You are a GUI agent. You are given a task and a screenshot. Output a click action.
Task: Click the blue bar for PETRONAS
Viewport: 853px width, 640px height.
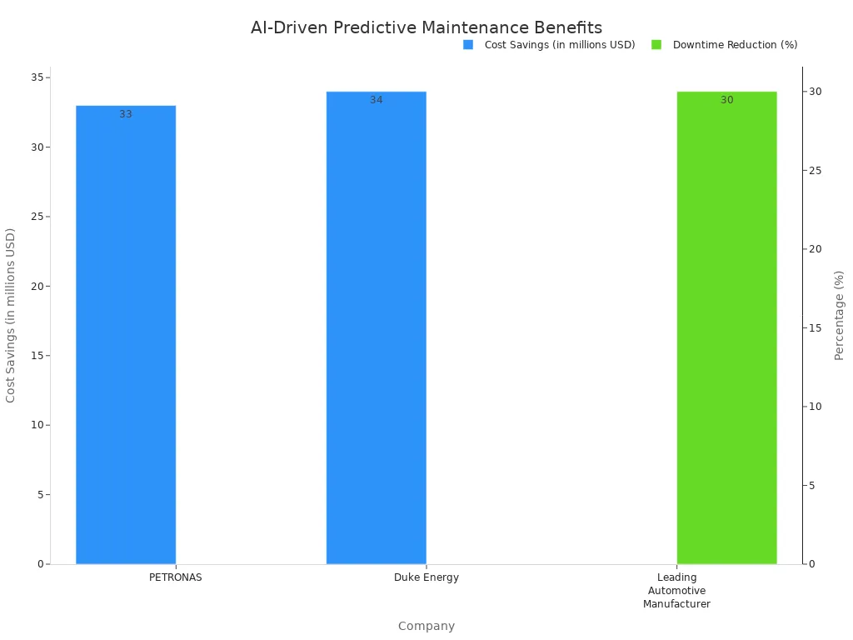(126, 333)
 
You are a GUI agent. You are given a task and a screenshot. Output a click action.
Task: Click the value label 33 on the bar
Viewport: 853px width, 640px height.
(126, 114)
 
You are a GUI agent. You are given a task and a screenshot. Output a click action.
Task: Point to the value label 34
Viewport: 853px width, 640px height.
(377, 100)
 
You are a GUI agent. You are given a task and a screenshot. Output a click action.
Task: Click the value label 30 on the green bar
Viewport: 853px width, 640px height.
(727, 100)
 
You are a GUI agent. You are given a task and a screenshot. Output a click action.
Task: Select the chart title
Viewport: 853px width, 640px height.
(426, 27)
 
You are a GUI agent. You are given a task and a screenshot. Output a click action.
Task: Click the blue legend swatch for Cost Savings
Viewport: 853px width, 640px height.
(468, 45)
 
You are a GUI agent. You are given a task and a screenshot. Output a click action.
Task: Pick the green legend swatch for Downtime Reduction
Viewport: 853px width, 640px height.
(656, 45)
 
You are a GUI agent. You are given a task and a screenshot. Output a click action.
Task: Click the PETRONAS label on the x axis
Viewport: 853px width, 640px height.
(176, 577)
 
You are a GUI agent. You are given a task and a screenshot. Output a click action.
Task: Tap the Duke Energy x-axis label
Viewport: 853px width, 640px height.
(426, 577)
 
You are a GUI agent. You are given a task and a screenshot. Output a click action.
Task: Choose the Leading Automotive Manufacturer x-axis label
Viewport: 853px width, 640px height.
(676, 591)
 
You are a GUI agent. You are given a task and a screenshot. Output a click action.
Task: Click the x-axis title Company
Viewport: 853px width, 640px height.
(426, 626)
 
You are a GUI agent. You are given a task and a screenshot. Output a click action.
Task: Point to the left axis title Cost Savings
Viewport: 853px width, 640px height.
(11, 315)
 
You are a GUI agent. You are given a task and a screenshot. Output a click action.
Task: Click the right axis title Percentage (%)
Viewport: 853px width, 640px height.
(839, 315)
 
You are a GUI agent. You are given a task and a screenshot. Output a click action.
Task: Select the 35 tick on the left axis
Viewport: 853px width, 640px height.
(37, 77)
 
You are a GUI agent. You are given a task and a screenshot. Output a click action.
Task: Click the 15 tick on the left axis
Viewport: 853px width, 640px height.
(37, 356)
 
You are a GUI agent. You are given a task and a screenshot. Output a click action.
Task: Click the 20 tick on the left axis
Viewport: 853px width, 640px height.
(37, 287)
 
